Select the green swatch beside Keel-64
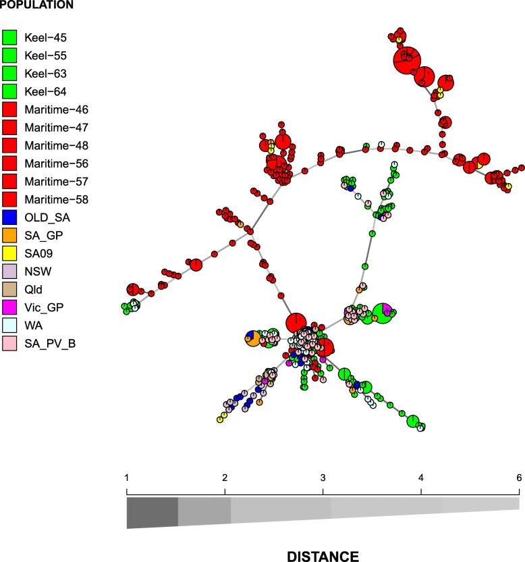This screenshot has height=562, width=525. [x=9, y=91]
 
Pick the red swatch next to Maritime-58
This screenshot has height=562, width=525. [x=9, y=200]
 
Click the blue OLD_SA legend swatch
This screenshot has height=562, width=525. [x=9, y=218]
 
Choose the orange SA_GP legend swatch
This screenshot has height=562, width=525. [x=9, y=236]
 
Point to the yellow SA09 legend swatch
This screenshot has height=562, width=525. [x=9, y=254]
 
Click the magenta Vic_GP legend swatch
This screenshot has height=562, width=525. [x=9, y=308]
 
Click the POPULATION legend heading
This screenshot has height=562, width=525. [x=37, y=5]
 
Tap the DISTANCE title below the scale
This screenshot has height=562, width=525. [x=323, y=556]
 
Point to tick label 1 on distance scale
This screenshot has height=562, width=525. [x=127, y=478]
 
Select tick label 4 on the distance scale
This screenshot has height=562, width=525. [x=421, y=478]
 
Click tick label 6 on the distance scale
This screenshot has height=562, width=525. [x=519, y=478]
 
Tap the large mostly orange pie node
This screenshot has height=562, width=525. [x=254, y=338]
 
